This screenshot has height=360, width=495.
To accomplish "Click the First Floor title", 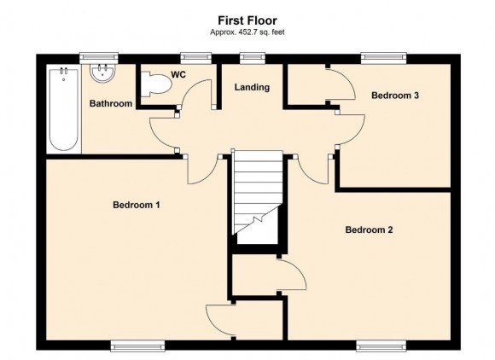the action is coord(247,20).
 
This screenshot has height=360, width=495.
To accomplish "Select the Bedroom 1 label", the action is coord(137,205).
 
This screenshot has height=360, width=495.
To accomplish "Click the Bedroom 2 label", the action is coord(369,229).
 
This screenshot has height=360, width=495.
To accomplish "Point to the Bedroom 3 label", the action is coord(395,96).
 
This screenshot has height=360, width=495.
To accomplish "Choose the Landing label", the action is coord(252,87).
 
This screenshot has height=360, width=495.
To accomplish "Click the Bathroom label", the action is coord(111,103).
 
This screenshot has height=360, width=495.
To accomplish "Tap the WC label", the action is coord(178,75).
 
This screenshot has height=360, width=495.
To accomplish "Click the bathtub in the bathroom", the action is coord(64,109).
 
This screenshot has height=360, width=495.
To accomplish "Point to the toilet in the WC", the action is coord(156,84).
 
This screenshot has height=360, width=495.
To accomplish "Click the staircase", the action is coord(257,193).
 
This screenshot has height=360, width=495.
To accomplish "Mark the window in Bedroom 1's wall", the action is coord(137,346).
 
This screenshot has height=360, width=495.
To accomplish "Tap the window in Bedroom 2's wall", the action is coord(381,346).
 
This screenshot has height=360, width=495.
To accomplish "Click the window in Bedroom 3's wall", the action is coord(383,58).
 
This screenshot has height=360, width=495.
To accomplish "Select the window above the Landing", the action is coord(253,58).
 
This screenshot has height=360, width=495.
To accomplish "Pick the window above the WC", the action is coord(195,58).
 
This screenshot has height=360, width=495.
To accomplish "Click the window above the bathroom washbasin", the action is coord(99,58).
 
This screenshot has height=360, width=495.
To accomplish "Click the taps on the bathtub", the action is coord(64,72).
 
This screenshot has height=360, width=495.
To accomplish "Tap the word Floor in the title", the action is coord(262,20).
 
